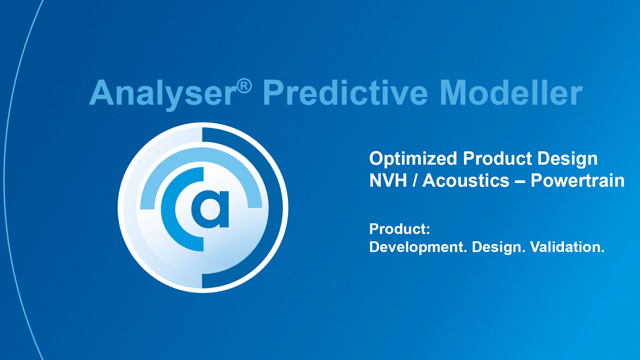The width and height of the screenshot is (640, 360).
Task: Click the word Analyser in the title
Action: tap(163, 93)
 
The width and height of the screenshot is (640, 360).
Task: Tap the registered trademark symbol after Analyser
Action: tap(244, 86)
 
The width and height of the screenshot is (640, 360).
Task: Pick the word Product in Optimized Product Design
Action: tap(497, 159)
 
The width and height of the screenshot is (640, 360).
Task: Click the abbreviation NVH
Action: tap(388, 181)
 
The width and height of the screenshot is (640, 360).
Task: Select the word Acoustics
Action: tap(466, 181)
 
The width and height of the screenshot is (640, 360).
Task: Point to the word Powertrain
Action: tap(578, 181)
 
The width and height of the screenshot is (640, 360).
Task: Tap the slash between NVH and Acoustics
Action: tap(415, 181)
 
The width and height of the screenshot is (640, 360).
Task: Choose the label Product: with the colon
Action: tap(400, 229)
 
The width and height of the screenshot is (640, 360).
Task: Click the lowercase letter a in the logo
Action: tap(210, 209)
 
